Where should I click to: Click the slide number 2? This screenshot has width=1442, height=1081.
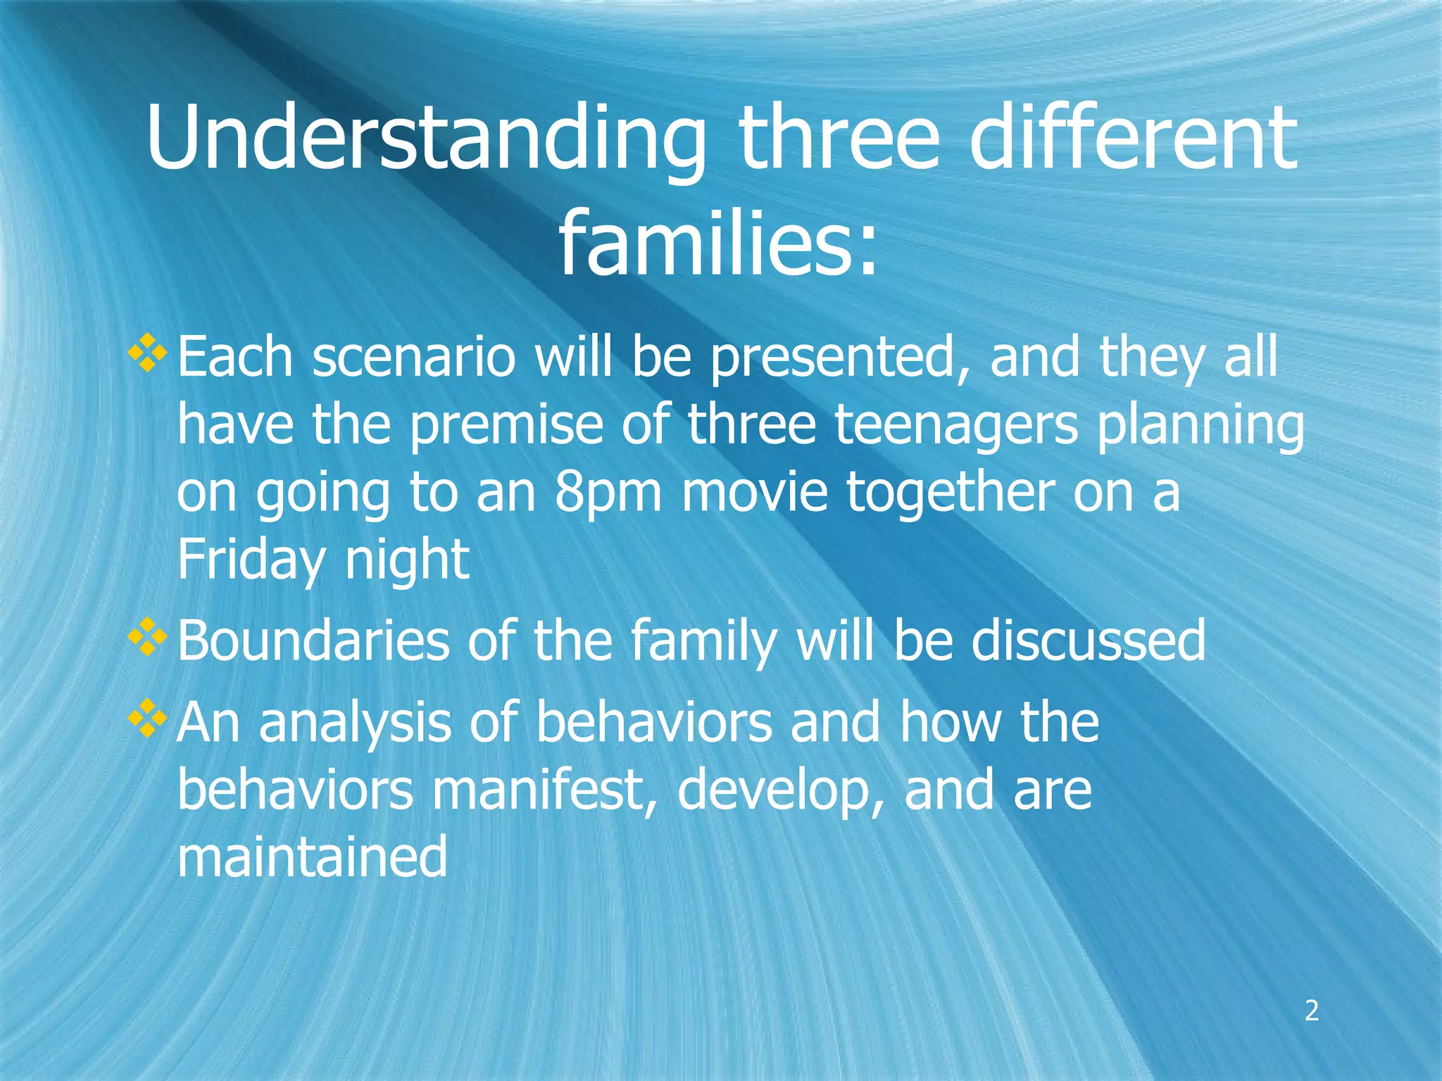1311,1011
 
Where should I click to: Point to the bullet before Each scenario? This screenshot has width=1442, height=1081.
148,353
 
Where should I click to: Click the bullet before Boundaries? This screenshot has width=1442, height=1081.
148,637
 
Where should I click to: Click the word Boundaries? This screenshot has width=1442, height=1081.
313,640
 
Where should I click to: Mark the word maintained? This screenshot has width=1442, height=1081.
312,856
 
